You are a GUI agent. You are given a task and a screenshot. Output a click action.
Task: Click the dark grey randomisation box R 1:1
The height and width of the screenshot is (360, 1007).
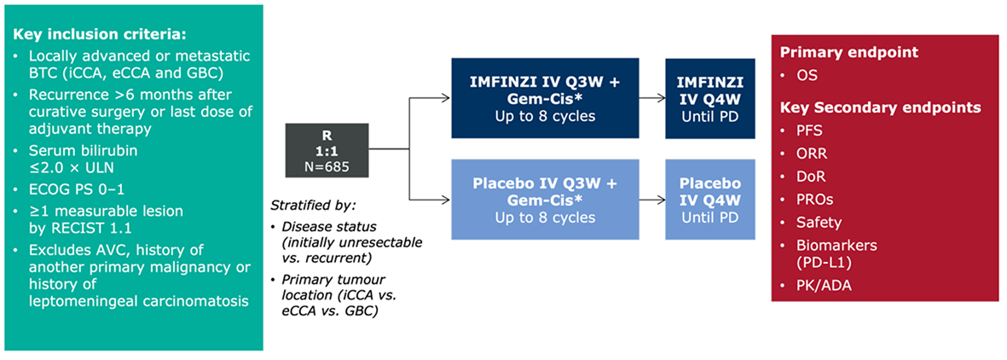[x=327, y=151]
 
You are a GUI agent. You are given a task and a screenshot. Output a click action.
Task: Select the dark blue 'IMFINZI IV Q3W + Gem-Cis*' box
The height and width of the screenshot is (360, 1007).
[x=545, y=98]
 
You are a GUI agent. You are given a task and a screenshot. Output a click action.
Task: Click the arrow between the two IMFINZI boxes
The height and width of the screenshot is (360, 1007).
[x=652, y=98]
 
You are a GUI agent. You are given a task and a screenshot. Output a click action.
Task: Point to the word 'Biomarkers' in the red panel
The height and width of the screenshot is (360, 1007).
[x=830, y=247]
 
